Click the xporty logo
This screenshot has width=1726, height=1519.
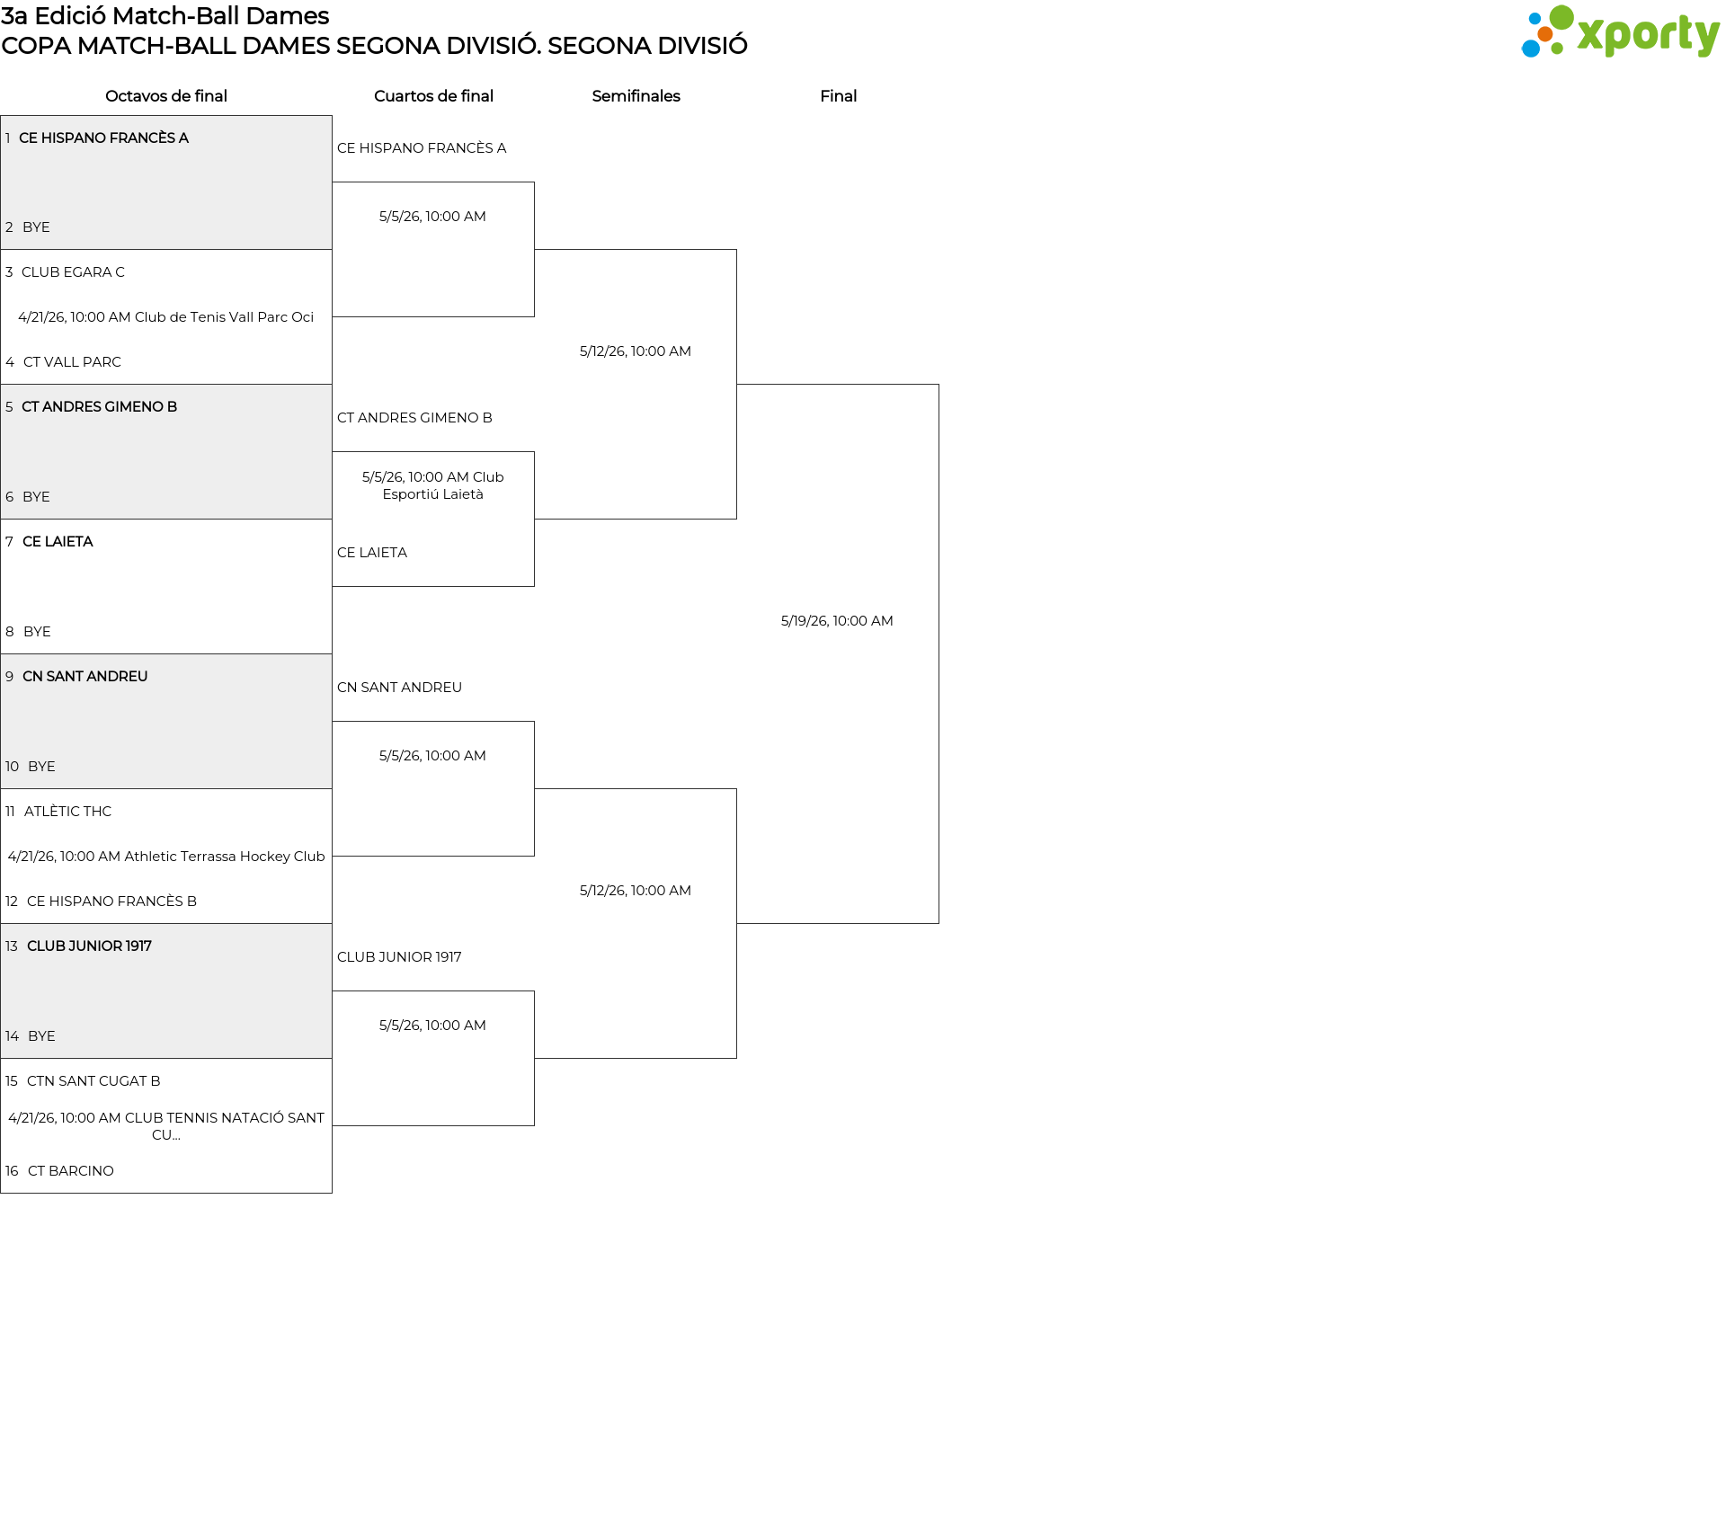(x=1620, y=32)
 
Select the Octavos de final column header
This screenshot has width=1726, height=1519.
(x=166, y=96)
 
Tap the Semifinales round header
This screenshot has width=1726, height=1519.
(x=636, y=96)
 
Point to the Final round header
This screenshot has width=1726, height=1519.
(x=838, y=96)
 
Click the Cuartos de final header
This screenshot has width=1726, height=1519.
(x=433, y=96)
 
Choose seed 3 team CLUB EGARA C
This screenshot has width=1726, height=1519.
(x=73, y=272)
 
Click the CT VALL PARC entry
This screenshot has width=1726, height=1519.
(x=72, y=362)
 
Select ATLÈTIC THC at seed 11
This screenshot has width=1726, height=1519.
(x=67, y=812)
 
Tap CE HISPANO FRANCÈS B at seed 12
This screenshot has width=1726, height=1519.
(x=111, y=902)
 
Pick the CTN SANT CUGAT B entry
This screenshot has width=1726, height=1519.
(x=93, y=1081)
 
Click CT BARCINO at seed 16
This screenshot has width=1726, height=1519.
(x=71, y=1171)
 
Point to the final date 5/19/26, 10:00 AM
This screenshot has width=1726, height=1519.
(x=837, y=621)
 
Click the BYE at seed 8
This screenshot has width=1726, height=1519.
(x=37, y=632)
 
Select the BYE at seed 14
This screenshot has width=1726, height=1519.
(x=41, y=1036)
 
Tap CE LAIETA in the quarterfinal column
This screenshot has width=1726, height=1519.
(x=372, y=553)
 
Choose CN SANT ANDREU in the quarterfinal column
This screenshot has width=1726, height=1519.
(x=399, y=688)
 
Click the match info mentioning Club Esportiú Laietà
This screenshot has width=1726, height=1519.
(x=433, y=485)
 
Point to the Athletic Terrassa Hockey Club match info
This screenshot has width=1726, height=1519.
(x=166, y=857)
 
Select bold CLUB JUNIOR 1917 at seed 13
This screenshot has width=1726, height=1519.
(x=89, y=946)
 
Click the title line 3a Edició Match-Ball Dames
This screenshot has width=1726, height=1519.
(x=165, y=16)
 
